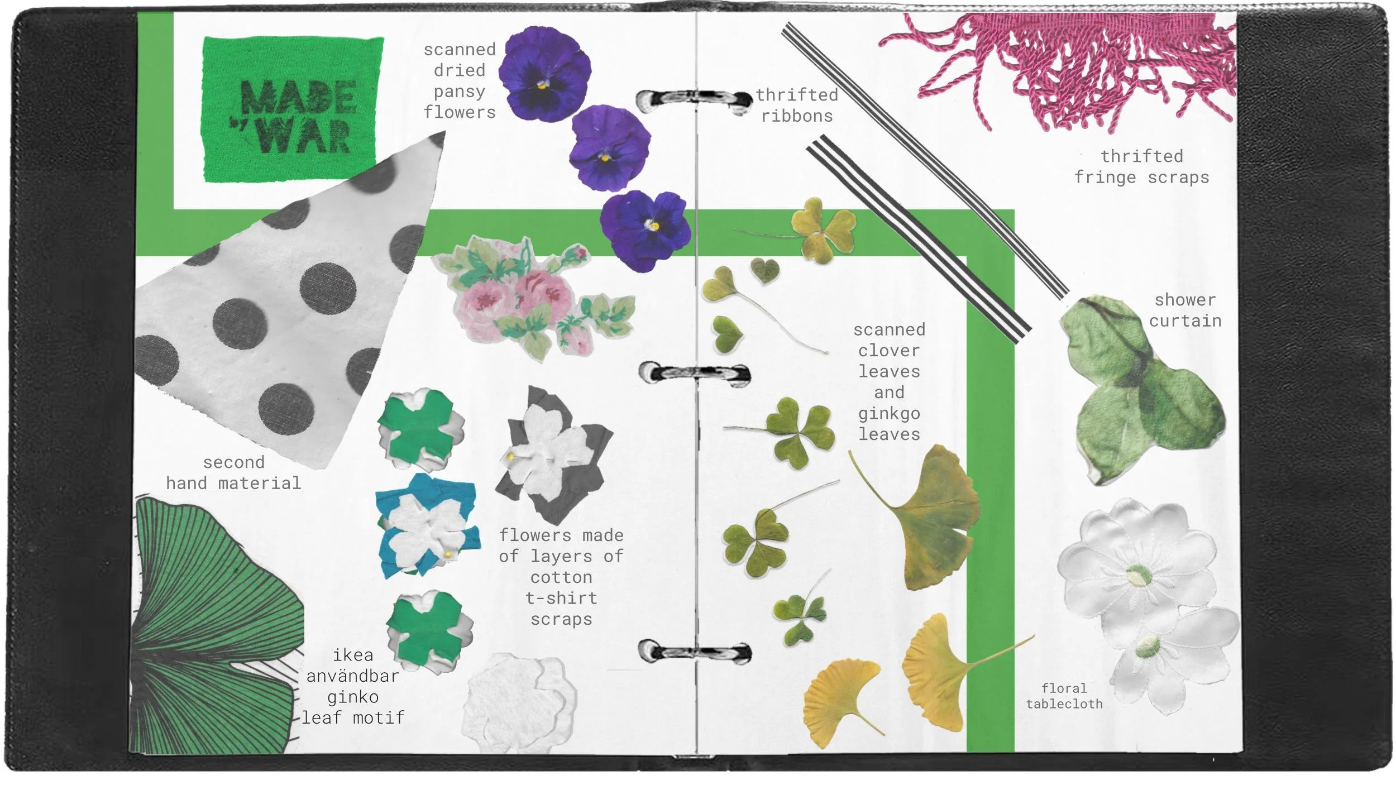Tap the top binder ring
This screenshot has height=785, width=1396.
pos(694,100)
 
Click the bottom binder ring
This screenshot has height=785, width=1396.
pos(695,651)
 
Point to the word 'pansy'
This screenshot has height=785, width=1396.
pos(460,92)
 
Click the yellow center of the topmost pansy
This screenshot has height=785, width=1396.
pos(542,85)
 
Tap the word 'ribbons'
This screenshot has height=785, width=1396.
pos(797,116)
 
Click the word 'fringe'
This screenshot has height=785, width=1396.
pos(1106,178)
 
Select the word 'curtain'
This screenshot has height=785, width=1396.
pos(1185,321)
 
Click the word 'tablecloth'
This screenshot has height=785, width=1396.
pos(1064,704)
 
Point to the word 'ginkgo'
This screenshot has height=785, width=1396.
pos(889,414)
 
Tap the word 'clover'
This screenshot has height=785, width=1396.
pos(889,351)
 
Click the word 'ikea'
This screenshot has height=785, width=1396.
pos(352,654)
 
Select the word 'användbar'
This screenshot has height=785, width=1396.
pos(352,676)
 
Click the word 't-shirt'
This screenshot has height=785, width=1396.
pos(561,598)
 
